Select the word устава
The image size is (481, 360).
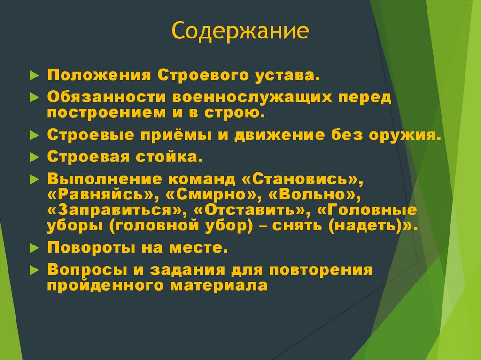pyautogui.click(x=288, y=76)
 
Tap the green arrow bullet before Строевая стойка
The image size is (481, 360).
pyautogui.click(x=33, y=158)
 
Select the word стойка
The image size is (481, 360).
pyautogui.click(x=176, y=157)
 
